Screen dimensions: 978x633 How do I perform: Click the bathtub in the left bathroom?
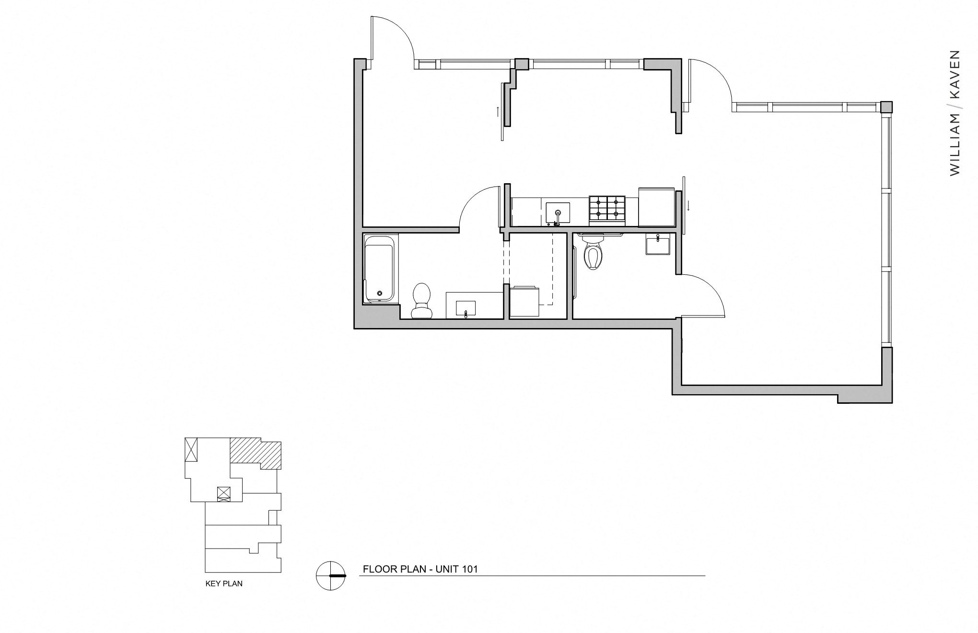click(380, 269)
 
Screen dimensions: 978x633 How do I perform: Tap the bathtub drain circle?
click(380, 293)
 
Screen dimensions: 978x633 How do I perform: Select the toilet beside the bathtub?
click(422, 301)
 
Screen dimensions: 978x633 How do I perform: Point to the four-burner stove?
click(607, 210)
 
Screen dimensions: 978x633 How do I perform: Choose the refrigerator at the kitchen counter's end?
click(656, 207)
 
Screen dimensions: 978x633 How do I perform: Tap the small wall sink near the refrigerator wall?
click(658, 245)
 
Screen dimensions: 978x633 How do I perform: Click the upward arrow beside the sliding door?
click(498, 112)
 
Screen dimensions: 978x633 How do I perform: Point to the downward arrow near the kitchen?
click(689, 206)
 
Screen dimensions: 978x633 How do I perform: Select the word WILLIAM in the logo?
click(955, 144)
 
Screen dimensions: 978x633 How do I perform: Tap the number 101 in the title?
click(470, 569)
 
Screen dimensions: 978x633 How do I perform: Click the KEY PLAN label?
click(224, 584)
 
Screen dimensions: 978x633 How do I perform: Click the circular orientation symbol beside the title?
click(331, 575)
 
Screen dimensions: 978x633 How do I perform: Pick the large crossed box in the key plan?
click(191, 449)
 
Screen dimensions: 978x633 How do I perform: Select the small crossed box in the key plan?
click(224, 494)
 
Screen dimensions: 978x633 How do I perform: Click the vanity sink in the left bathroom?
click(466, 308)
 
